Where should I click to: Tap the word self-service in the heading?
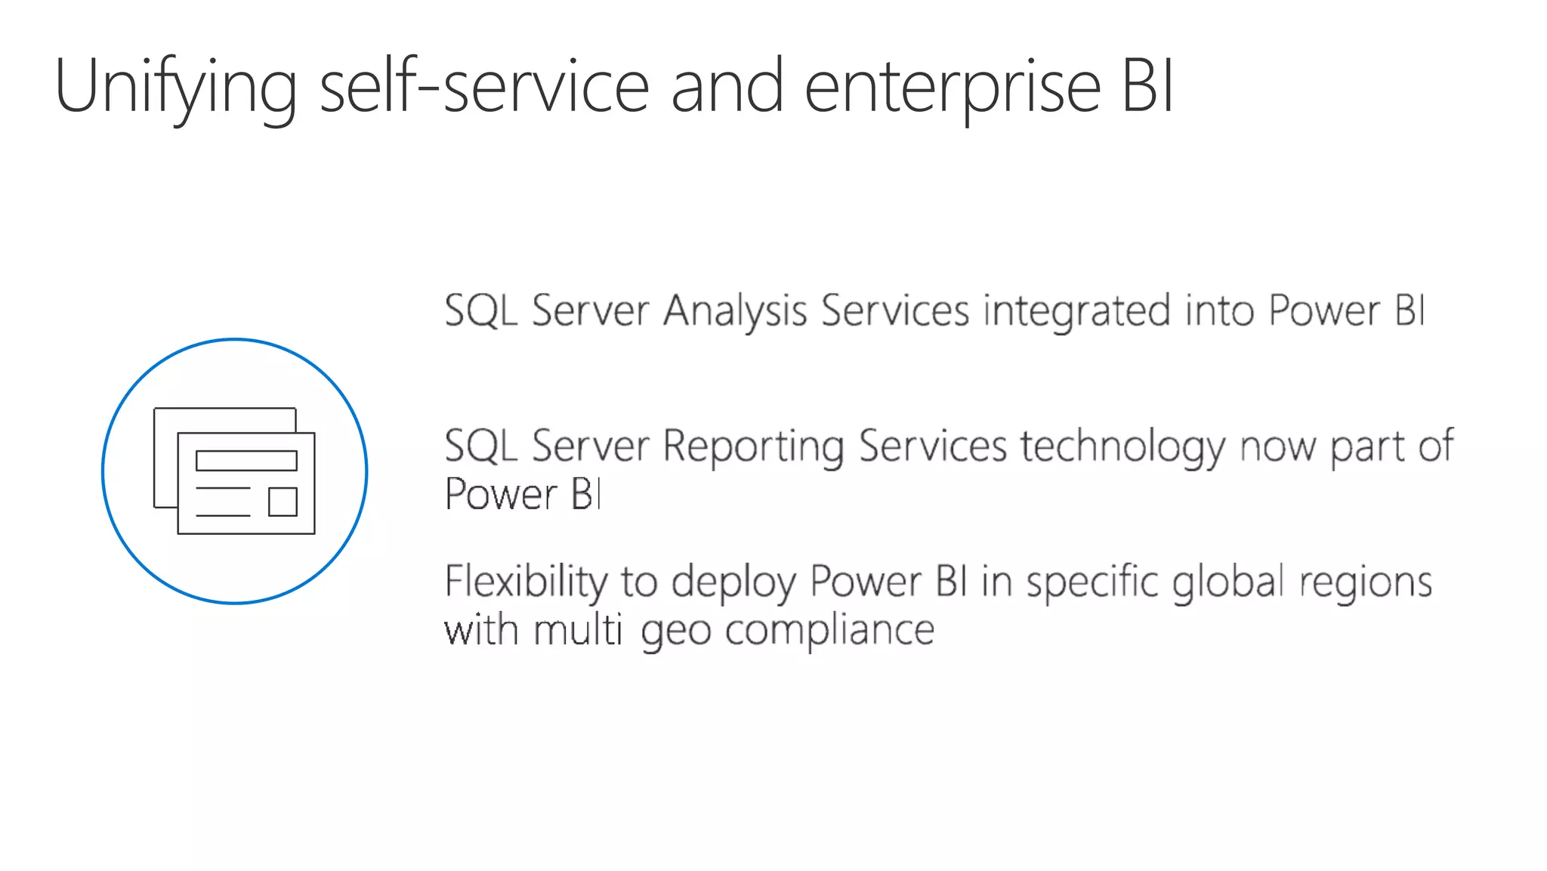[x=484, y=86]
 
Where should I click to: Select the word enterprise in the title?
[x=953, y=88]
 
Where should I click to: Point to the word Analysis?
[x=735, y=311]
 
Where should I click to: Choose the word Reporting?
[x=753, y=446]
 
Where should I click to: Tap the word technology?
[x=1122, y=446]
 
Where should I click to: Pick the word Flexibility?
[x=526, y=582]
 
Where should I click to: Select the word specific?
[x=1092, y=582]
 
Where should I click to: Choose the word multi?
[x=578, y=629]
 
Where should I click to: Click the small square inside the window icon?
[x=283, y=502]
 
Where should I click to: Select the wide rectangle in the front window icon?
[x=246, y=461]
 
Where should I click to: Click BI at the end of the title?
[x=1147, y=86]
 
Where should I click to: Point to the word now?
[x=1277, y=446]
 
